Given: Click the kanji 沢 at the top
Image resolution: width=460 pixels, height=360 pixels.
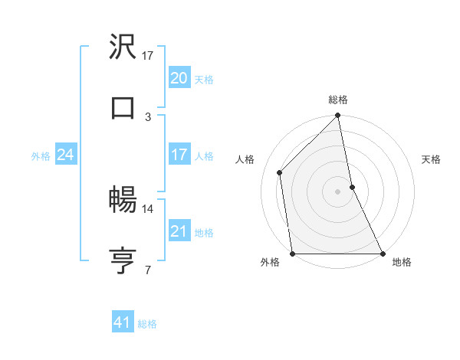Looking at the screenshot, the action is click(123, 47).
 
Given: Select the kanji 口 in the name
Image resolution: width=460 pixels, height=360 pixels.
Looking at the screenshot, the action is click(123, 107).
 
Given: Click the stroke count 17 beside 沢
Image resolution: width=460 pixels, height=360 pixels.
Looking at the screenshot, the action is click(148, 56).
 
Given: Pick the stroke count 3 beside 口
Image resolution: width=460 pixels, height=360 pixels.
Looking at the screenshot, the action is click(148, 116).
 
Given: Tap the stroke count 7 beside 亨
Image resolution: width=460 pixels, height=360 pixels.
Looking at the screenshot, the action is click(148, 270).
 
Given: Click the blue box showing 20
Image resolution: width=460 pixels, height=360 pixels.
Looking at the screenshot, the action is click(179, 77).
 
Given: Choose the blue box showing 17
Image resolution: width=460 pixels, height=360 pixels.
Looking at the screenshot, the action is click(179, 155).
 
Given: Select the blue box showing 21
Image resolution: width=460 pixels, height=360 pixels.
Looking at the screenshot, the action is click(179, 231).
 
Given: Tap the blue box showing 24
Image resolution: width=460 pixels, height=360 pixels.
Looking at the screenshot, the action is click(65, 155).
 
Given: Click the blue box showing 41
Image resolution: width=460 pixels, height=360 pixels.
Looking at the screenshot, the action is click(123, 322).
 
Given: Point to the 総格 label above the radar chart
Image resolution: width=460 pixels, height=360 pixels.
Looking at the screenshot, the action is click(338, 100).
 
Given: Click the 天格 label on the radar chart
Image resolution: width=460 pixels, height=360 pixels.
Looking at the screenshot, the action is click(431, 159).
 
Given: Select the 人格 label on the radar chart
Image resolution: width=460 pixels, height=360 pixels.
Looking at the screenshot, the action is click(245, 159).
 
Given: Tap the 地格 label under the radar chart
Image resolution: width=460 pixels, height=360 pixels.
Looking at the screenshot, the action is click(402, 262).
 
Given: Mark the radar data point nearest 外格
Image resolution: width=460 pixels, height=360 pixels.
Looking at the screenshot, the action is click(292, 254).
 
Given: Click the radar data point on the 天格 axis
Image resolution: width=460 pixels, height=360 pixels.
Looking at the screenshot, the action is click(352, 187).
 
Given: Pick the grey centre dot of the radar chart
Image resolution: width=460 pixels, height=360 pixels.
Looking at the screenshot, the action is click(338, 191).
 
